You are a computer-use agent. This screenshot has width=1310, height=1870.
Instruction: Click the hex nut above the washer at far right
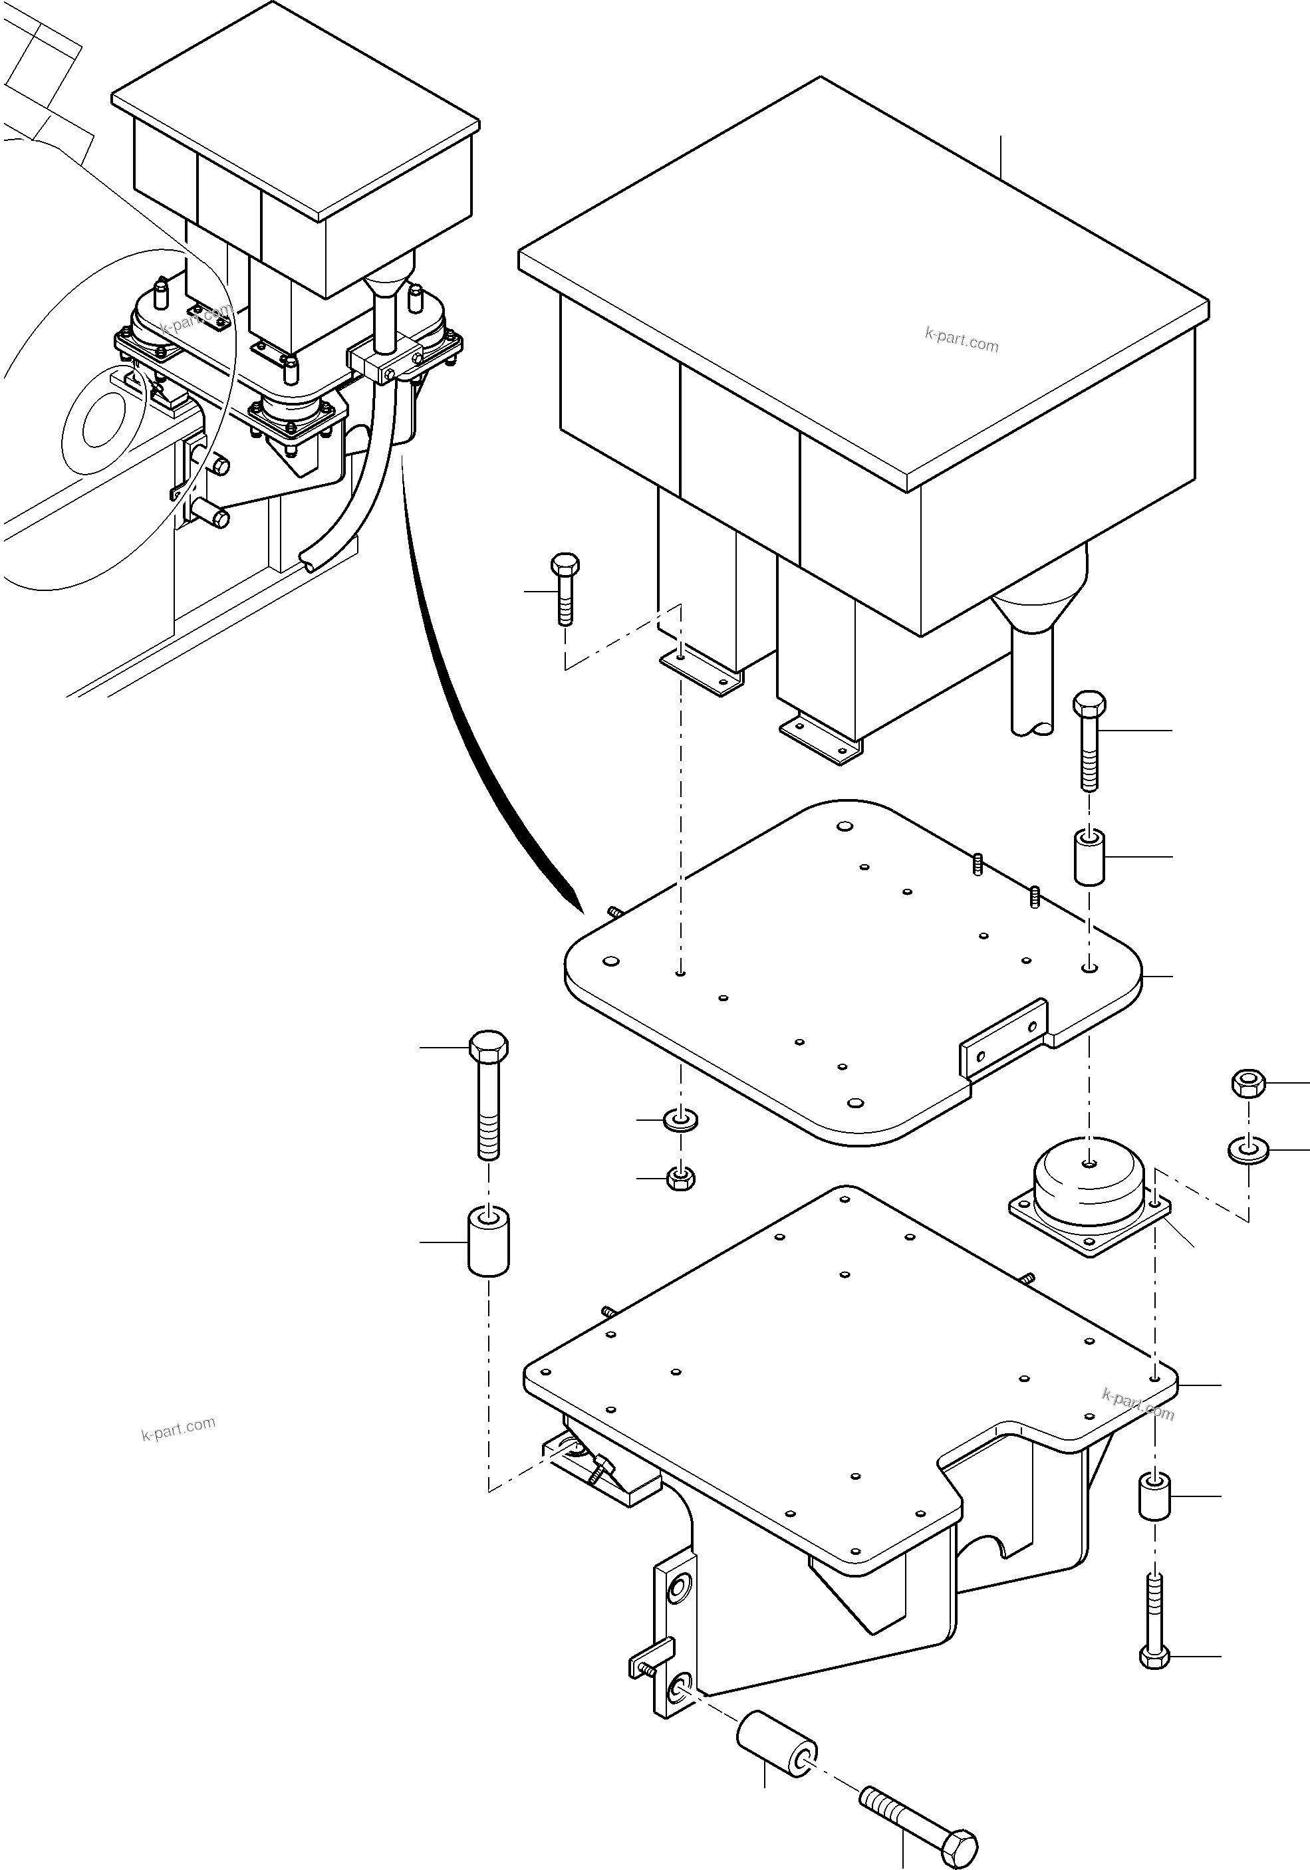click(1246, 1083)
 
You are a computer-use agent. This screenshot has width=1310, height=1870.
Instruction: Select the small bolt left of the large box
click(565, 588)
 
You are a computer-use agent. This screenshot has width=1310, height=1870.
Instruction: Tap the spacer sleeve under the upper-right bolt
click(1089, 857)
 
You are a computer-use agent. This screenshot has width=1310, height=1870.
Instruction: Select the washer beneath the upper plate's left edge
click(681, 1121)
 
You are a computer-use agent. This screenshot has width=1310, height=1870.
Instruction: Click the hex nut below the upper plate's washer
click(680, 1178)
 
